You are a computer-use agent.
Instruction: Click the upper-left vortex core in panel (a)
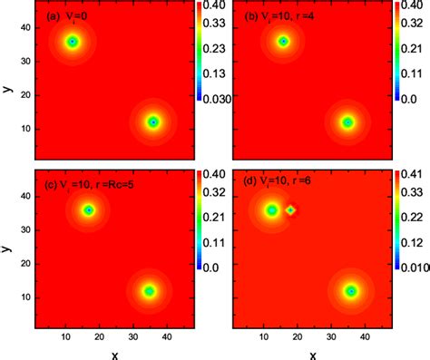73,42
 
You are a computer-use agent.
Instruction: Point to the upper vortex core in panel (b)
283,42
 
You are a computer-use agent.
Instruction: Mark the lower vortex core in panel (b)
347,122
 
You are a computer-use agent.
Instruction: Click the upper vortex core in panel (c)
88,209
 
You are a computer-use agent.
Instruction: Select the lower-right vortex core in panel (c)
149,291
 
